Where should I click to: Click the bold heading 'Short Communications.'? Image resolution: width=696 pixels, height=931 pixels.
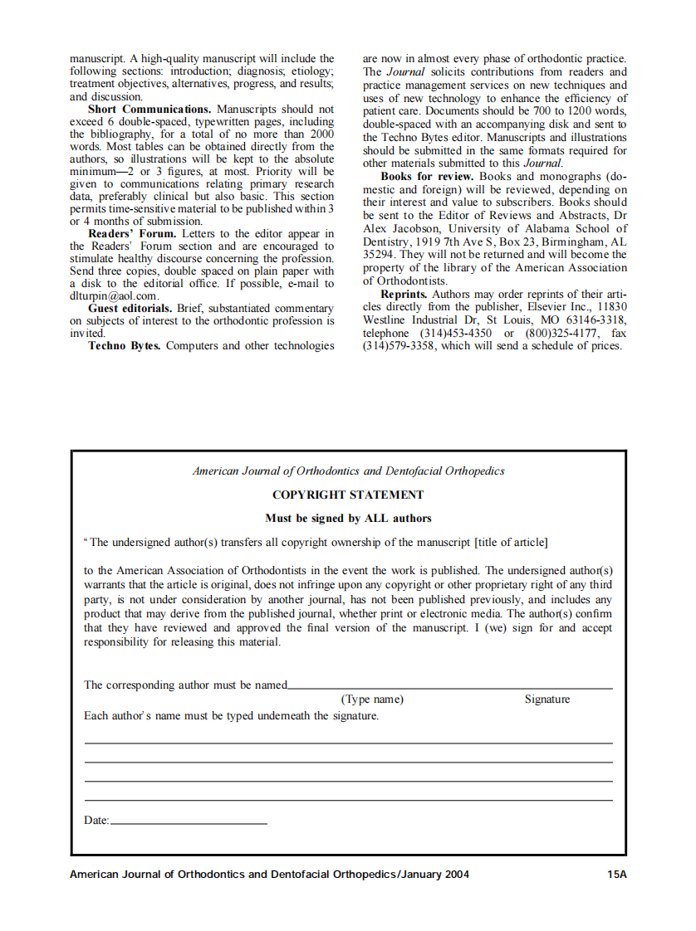pos(149,110)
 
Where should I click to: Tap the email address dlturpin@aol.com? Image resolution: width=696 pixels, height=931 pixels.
pos(114,296)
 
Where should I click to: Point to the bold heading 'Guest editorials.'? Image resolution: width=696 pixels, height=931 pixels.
pos(130,309)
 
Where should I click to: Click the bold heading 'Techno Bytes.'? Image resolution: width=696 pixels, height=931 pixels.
pos(125,346)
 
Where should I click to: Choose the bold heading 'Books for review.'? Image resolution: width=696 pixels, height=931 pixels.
pos(427,177)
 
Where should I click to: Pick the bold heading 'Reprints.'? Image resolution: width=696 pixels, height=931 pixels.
pos(404,295)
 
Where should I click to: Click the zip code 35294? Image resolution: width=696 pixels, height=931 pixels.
pos(379,256)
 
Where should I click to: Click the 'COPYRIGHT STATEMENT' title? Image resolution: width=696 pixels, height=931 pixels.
pos(348,495)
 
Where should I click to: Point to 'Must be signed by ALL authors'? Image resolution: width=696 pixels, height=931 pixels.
pos(348,519)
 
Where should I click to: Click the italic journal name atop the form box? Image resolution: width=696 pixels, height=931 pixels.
pos(348,471)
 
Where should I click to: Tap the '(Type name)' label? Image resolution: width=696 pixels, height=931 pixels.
pos(372,699)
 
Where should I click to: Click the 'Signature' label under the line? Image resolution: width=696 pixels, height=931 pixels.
pos(547,699)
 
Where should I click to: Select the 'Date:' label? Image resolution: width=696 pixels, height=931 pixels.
pos(96,821)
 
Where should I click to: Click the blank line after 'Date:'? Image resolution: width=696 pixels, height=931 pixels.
pos(189,822)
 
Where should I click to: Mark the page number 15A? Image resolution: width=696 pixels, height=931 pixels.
pos(616,875)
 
